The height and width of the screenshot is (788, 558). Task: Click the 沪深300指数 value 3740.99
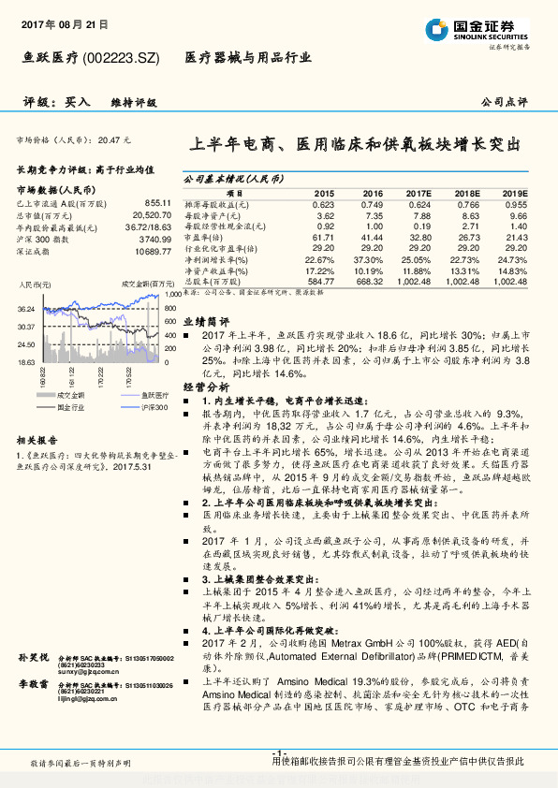155,240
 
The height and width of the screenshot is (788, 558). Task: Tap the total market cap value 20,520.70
150,215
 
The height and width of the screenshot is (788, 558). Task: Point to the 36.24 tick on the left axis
26,309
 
